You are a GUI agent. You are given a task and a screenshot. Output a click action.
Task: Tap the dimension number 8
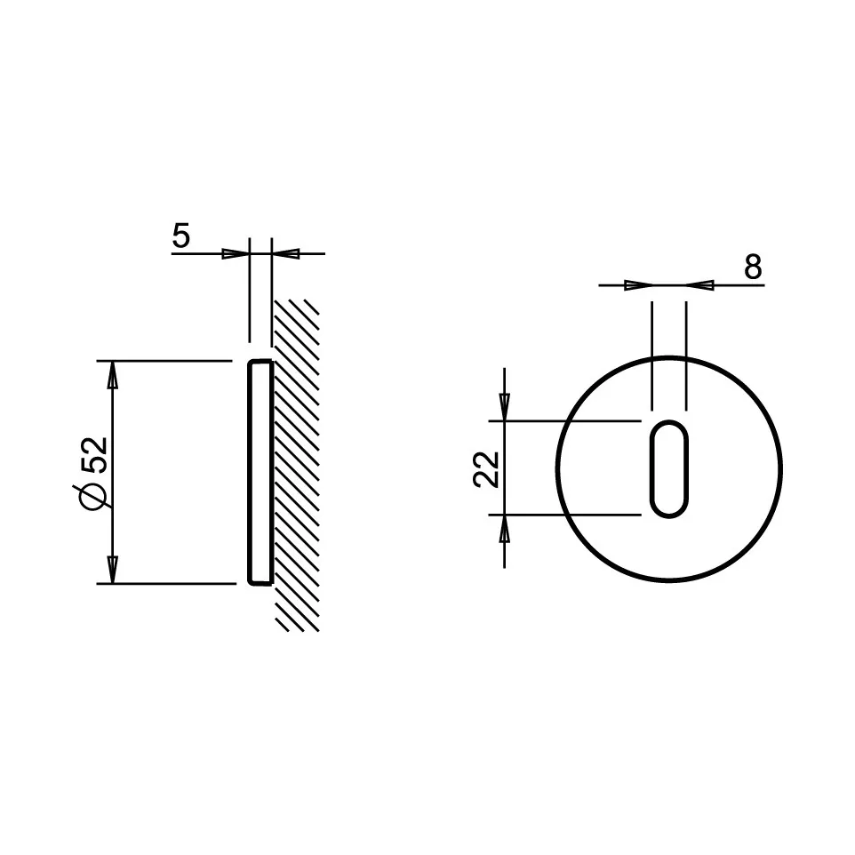point(753,266)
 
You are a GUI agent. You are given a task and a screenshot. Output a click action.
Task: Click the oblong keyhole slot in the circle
point(668,467)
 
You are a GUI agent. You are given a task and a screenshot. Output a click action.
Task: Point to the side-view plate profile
point(259,472)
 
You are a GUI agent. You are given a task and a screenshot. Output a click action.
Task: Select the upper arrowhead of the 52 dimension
point(113,375)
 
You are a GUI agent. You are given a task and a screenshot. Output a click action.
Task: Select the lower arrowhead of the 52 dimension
point(113,569)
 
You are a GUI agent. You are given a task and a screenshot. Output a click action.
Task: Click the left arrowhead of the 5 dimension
point(235,253)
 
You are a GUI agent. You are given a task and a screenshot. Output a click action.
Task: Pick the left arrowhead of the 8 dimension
point(637,285)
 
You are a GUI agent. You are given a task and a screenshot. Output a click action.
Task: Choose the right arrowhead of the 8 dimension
point(700,285)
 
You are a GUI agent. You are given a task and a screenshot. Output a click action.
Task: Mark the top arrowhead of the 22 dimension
point(505,405)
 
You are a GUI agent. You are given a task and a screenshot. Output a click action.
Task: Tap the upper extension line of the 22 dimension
point(569,420)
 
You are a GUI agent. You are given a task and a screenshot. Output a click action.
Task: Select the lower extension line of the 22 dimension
point(569,514)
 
